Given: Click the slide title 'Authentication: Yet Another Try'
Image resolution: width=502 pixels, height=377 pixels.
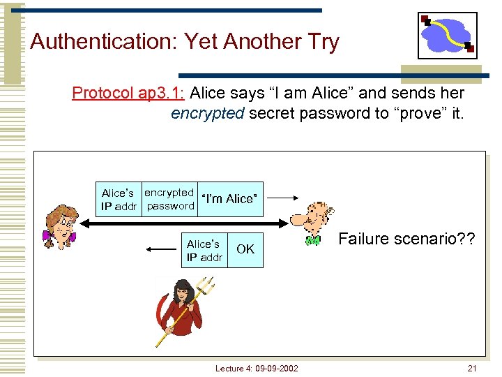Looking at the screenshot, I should tap(185, 42).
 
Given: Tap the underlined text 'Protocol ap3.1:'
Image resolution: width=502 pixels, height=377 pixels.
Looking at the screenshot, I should tap(128, 93).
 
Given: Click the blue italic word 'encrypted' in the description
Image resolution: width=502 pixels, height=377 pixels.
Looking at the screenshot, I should tap(207, 113).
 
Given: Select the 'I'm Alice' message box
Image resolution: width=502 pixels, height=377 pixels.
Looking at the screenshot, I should tap(230, 199).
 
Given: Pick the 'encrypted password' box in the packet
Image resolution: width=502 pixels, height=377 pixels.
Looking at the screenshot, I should tap(169, 199).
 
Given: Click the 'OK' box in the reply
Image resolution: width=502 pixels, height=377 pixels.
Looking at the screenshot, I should tap(245, 249).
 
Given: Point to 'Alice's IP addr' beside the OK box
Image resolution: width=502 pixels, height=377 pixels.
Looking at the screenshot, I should tap(204, 250).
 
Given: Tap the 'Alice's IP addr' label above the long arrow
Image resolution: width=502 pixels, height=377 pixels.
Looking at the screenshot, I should tap(121, 200).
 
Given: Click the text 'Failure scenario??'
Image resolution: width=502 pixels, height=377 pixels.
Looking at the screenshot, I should tap(407, 239).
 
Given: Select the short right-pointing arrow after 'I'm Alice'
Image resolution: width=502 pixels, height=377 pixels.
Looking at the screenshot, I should tap(283, 198).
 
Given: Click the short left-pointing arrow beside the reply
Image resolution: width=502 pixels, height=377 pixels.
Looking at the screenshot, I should tap(160, 249).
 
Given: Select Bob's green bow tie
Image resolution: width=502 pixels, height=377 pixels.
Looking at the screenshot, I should tap(313, 241).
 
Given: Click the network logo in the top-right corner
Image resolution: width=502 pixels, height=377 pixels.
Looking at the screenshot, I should tap(447, 35).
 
